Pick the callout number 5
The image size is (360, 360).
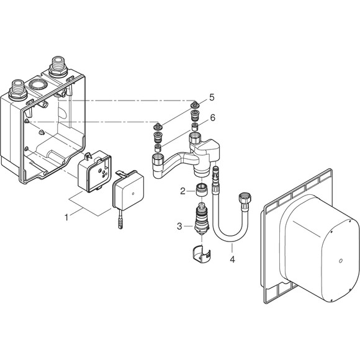click(212, 97)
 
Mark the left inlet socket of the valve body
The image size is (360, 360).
click(159, 164)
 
